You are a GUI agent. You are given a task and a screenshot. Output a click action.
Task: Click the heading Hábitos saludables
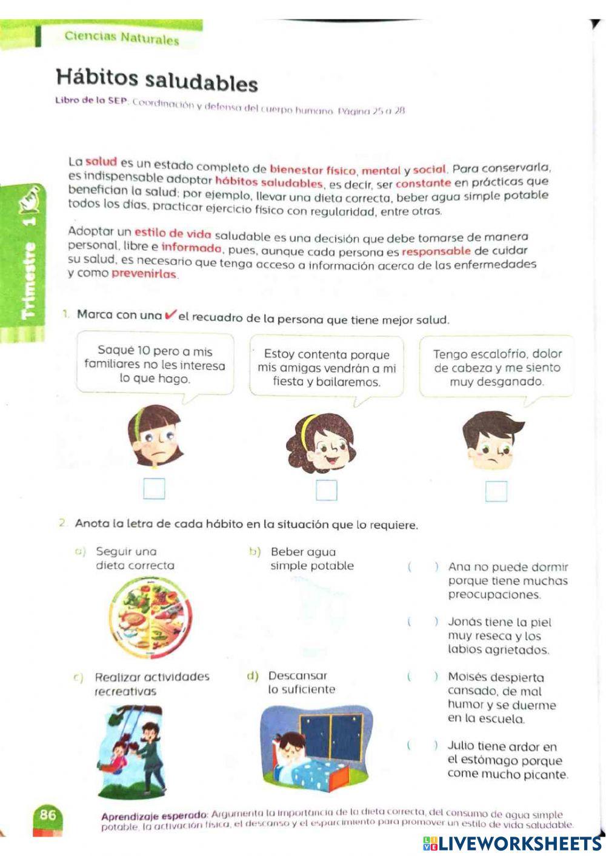coord(156,80)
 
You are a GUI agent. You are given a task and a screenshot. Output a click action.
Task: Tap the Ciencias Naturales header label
coord(121,38)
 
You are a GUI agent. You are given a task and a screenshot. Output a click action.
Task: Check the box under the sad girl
coord(154,488)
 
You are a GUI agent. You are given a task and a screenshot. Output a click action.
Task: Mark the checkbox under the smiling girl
coord(326,490)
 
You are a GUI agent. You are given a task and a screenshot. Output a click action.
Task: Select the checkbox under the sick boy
coord(496,491)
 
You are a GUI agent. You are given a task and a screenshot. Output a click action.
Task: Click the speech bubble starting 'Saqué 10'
coord(155,365)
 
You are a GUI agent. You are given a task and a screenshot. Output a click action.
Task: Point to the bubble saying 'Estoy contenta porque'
coord(327,368)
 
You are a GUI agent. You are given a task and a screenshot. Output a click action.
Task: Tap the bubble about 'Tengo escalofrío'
coord(496,367)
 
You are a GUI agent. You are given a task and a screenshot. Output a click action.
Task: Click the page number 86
coord(47,815)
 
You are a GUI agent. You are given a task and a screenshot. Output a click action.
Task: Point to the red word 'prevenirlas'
coord(144,274)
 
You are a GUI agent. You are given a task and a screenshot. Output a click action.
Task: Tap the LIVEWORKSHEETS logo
coord(512,844)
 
